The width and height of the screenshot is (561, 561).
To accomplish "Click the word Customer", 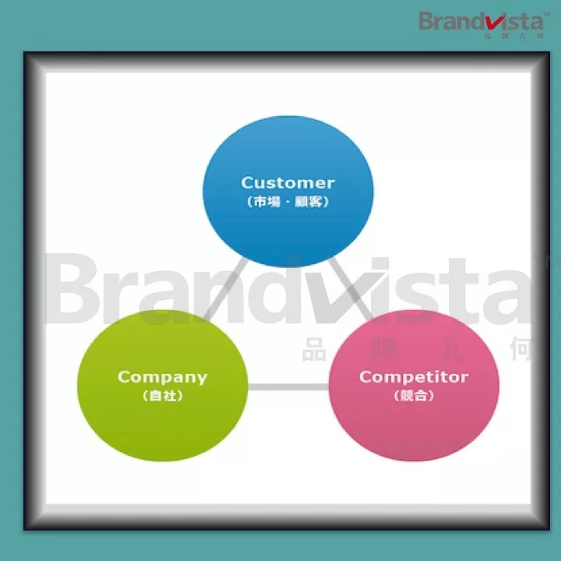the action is [288, 183].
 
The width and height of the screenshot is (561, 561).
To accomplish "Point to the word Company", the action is [162, 377].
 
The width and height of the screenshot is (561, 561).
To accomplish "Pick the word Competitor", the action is [413, 377].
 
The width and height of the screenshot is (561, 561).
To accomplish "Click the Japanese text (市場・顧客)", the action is [288, 201].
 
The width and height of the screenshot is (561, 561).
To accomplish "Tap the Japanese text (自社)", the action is [162, 396].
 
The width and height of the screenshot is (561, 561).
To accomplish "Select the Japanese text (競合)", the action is [413, 396].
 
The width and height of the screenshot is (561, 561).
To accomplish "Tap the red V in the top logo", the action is [501, 19].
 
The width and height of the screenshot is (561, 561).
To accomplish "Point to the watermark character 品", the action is [314, 350].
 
